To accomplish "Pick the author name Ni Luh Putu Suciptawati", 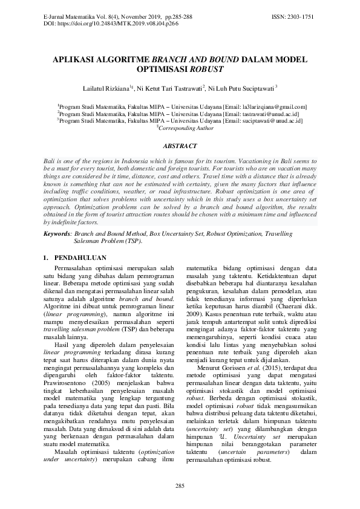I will (241, 88).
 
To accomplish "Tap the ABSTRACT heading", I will (180, 146).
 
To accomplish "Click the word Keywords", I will (56, 233).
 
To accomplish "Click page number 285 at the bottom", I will (180, 486).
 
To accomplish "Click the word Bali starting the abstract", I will (50, 162).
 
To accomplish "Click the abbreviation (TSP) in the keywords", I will (133, 240).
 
